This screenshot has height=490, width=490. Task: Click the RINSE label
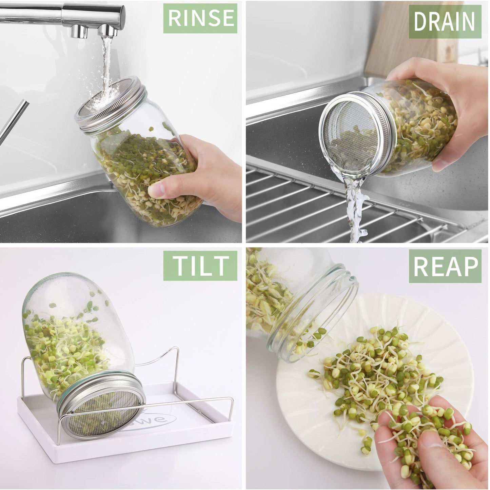[200, 18]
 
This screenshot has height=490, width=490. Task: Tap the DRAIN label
[445, 22]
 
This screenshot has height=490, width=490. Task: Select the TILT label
[200, 266]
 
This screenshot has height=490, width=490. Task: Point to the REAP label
[445, 266]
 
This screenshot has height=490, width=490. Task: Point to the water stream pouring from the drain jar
[354, 210]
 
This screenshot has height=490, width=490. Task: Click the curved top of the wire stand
[153, 356]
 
